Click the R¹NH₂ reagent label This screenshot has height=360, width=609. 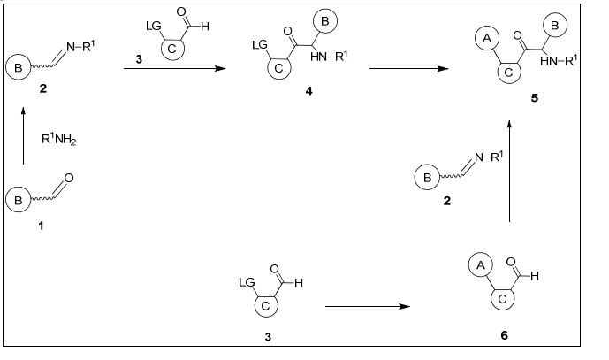tap(58, 140)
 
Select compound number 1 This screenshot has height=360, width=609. tap(41, 226)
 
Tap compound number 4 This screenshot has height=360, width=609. tap(308, 91)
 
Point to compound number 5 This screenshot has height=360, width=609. tap(535, 98)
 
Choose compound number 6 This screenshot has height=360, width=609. tap(504, 335)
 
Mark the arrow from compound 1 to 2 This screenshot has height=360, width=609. tap(23, 135)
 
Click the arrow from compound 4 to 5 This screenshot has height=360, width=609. tap(409, 68)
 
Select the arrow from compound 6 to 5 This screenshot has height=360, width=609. tap(510, 171)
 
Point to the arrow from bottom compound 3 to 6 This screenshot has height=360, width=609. tap(368, 306)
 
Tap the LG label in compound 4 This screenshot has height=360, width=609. tap(260, 45)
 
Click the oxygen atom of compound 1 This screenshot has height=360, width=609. tap(69, 178)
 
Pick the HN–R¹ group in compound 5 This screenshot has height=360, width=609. tap(559, 60)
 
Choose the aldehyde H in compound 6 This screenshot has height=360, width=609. tap(535, 276)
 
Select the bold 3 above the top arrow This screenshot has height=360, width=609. tap(139, 59)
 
